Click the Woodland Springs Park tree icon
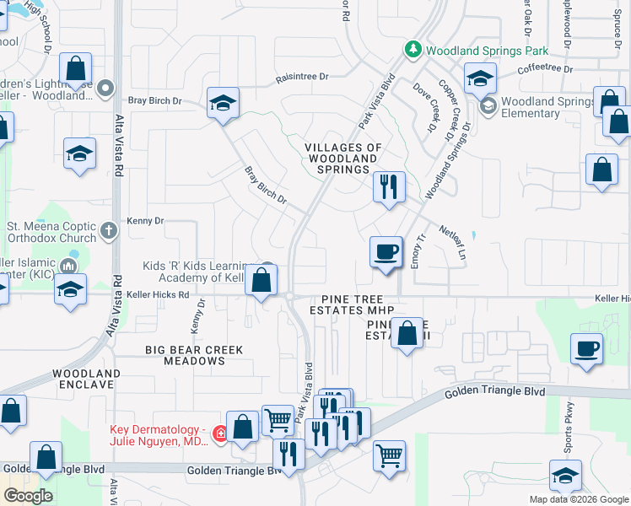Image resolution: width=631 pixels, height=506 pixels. (x=413, y=51)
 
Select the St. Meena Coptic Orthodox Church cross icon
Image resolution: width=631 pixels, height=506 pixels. (x=108, y=229)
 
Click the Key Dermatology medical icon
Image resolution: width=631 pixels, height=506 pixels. (x=221, y=433)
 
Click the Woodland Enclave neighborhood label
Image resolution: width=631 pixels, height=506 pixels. (x=83, y=379)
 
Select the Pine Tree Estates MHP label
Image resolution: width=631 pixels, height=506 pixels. (x=357, y=305)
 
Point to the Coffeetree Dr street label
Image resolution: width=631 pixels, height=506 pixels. (x=545, y=68)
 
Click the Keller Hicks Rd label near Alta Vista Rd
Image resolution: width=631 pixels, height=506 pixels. (x=160, y=295)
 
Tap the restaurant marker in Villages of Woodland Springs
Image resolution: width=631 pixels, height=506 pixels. (x=388, y=187)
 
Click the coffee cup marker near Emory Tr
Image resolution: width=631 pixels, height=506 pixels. (x=386, y=252)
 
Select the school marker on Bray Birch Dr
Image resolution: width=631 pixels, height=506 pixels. (x=223, y=104)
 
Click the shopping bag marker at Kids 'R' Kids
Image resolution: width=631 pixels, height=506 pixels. (x=262, y=281)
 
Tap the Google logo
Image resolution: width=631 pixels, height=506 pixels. (x=29, y=495)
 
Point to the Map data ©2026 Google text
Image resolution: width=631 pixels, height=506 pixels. (x=579, y=499)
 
